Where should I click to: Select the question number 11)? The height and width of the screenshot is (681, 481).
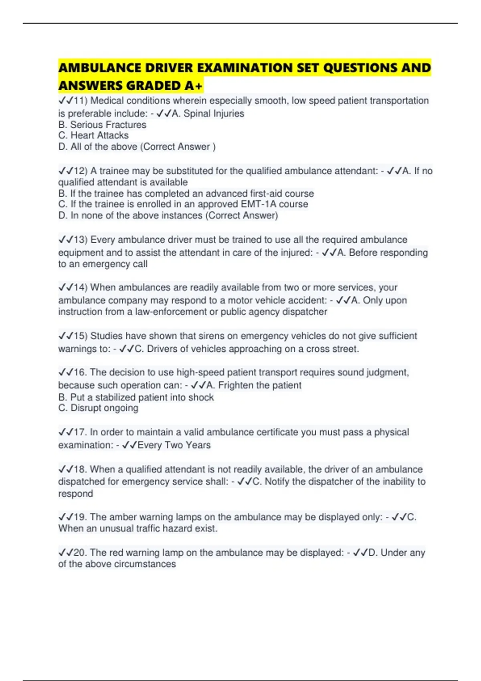(x=81, y=101)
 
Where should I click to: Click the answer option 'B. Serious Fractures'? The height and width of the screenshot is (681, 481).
(x=102, y=125)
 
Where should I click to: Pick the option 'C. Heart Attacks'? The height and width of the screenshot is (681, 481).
(x=93, y=135)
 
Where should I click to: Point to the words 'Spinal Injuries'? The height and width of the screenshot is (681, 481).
(x=214, y=113)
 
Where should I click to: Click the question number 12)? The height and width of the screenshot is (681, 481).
(x=81, y=171)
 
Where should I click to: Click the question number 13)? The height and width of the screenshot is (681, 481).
(x=81, y=240)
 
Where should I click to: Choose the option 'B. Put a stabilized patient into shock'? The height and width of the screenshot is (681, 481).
(x=136, y=397)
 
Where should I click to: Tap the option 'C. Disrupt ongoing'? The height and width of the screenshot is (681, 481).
(x=98, y=408)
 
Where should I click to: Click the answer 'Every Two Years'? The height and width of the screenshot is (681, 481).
(x=174, y=445)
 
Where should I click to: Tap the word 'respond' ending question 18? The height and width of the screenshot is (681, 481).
(x=75, y=494)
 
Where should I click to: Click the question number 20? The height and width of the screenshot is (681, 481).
(x=80, y=553)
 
